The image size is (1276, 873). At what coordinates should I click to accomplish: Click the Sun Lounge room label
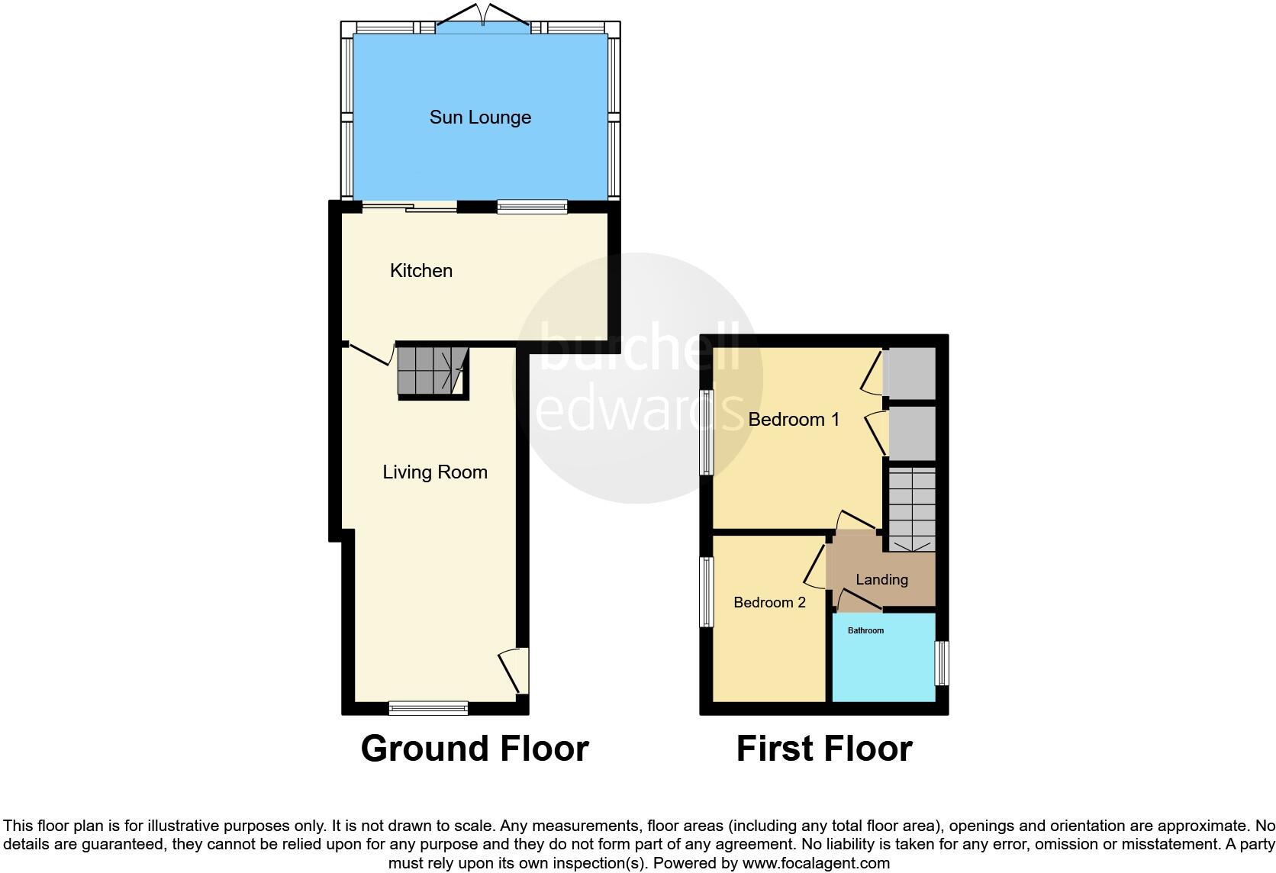(480, 118)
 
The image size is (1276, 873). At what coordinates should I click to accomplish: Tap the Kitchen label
(421, 271)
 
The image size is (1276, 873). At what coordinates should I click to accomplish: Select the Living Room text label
(435, 472)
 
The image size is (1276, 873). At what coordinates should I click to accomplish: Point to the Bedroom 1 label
(794, 419)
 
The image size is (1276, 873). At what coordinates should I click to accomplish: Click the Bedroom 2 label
(769, 603)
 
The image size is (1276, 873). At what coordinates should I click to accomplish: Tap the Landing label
(881, 580)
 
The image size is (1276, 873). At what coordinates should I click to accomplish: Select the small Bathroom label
(865, 630)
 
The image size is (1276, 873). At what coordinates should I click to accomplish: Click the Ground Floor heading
(475, 749)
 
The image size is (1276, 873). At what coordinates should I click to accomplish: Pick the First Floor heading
(824, 749)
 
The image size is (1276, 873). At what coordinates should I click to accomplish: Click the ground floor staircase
(432, 371)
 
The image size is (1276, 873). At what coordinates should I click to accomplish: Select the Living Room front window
(428, 709)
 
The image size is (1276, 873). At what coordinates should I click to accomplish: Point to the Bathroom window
(943, 662)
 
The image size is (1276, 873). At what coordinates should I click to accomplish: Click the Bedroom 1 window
(707, 432)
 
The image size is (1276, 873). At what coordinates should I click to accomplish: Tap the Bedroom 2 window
(707, 592)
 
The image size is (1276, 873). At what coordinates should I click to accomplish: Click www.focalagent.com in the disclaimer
(815, 864)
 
